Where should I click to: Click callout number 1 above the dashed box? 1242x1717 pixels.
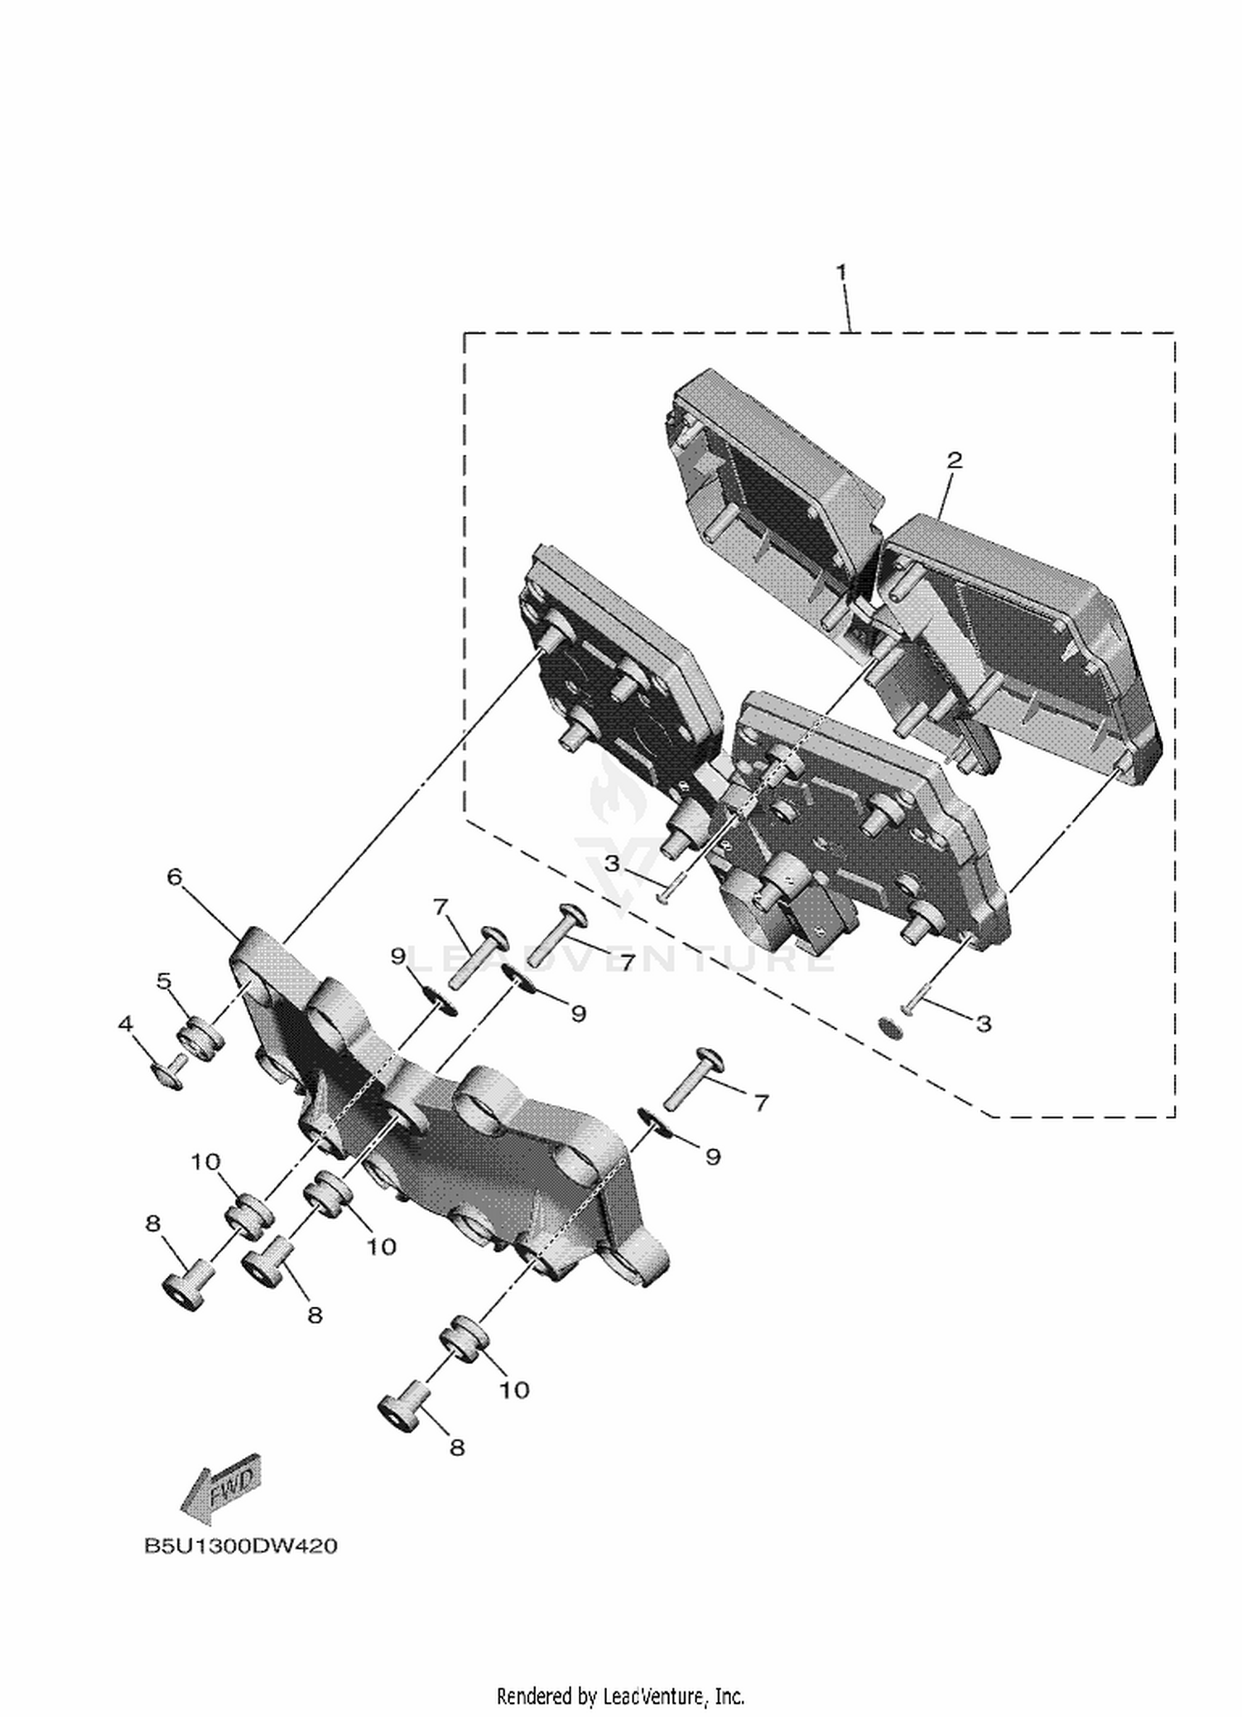pos(841,272)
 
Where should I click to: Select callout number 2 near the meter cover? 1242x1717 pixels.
pos(955,461)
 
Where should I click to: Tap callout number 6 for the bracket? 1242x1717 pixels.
pos(174,876)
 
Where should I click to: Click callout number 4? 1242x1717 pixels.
pos(125,1025)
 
